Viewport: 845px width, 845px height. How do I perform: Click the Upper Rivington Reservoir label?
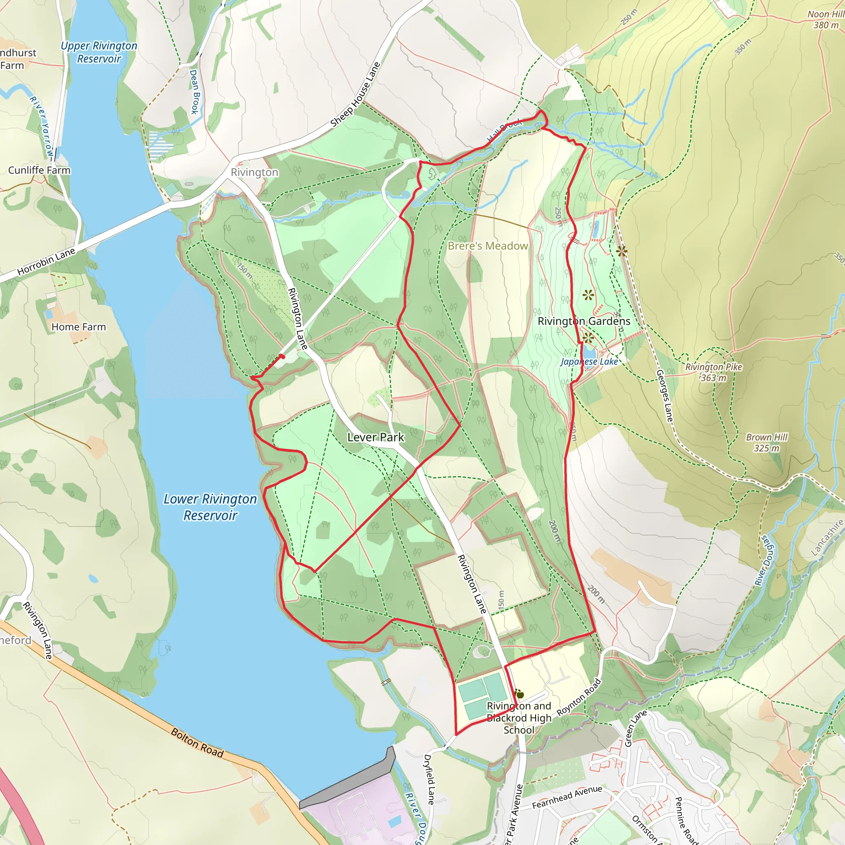pyautogui.click(x=99, y=52)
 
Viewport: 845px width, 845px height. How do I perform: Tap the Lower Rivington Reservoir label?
pyautogui.click(x=210, y=507)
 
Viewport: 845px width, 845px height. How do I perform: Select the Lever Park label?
pyautogui.click(x=376, y=437)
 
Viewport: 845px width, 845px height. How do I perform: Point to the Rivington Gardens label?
pyautogui.click(x=584, y=321)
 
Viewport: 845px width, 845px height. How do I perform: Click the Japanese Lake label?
pyautogui.click(x=589, y=362)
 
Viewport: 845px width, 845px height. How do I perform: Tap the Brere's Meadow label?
pyautogui.click(x=488, y=246)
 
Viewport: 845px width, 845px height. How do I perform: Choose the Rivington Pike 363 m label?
pyautogui.click(x=713, y=372)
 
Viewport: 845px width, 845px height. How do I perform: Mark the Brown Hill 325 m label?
pyautogui.click(x=766, y=443)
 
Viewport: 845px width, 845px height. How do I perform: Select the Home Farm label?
pyautogui.click(x=79, y=327)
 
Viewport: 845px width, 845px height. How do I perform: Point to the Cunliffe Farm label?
pyautogui.click(x=39, y=170)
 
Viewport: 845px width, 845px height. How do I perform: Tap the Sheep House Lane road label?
pyautogui.click(x=355, y=95)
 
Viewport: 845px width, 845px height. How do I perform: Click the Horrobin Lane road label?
pyautogui.click(x=46, y=262)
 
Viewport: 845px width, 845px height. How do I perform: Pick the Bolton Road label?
pyautogui.click(x=197, y=743)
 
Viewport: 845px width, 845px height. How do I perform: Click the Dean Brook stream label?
pyautogui.click(x=195, y=92)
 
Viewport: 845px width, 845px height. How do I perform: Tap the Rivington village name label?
pyautogui.click(x=255, y=172)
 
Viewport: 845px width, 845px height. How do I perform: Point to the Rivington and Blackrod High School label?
pyautogui.click(x=519, y=718)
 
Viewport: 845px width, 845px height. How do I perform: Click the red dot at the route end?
pyautogui.click(x=283, y=356)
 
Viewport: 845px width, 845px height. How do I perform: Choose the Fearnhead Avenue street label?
pyautogui.click(x=567, y=797)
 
